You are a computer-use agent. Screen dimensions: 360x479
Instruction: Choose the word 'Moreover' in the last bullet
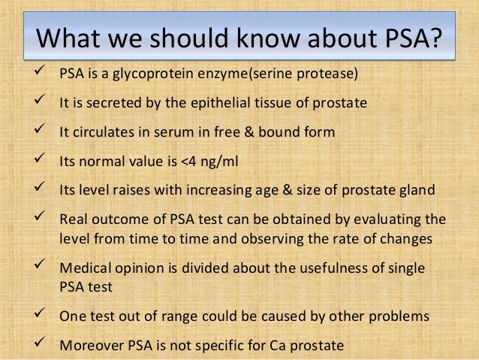(89, 346)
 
